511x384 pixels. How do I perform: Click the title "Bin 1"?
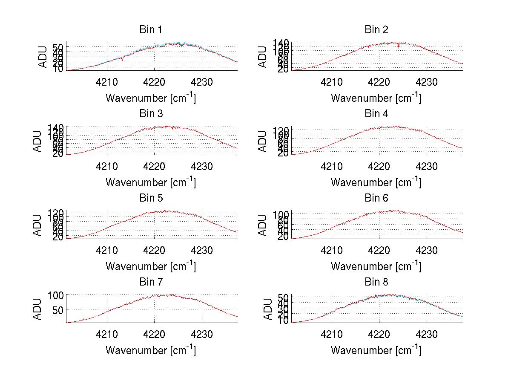pyautogui.click(x=151, y=30)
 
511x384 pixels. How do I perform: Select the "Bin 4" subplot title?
pyautogui.click(x=376, y=114)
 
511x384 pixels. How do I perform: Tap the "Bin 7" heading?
pyautogui.click(x=151, y=282)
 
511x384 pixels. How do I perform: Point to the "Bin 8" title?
pyautogui.click(x=376, y=282)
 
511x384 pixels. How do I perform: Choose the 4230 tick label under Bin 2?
pyautogui.click(x=427, y=82)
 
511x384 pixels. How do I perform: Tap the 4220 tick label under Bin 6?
pyautogui.click(x=379, y=251)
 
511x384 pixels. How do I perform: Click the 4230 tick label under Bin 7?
pyautogui.click(x=202, y=335)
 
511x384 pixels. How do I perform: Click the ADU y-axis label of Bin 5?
pyautogui.click(x=37, y=225)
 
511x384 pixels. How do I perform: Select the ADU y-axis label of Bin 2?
pyautogui.click(x=263, y=57)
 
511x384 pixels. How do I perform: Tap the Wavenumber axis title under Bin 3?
pyautogui.click(x=151, y=182)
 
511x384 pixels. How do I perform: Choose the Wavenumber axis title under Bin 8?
pyautogui.click(x=376, y=350)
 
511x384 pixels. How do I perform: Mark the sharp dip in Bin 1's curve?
pyautogui.click(x=123, y=60)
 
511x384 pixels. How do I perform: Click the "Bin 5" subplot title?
pyautogui.click(x=151, y=198)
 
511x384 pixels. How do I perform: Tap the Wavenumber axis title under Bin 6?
pyautogui.click(x=376, y=266)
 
